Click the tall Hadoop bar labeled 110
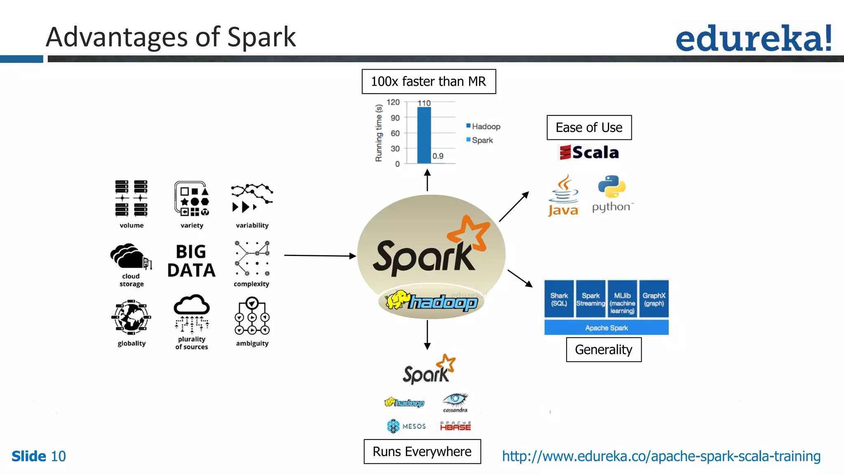[x=424, y=135]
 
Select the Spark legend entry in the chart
[x=480, y=140]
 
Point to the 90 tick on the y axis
[x=395, y=118]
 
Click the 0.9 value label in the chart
[x=438, y=156]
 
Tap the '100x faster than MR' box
[x=429, y=82]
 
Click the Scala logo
[x=589, y=153]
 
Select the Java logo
[x=563, y=196]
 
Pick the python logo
[x=612, y=194]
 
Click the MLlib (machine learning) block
[x=622, y=299]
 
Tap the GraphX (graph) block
[x=654, y=299]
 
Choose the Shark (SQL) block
[x=559, y=299]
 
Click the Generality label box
[x=603, y=350]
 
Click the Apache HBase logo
[x=455, y=426]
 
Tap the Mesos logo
[x=406, y=426]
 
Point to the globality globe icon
[x=131, y=317]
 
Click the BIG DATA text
[x=191, y=261]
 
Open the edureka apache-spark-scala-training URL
[x=661, y=456]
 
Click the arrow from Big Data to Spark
[x=319, y=256]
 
